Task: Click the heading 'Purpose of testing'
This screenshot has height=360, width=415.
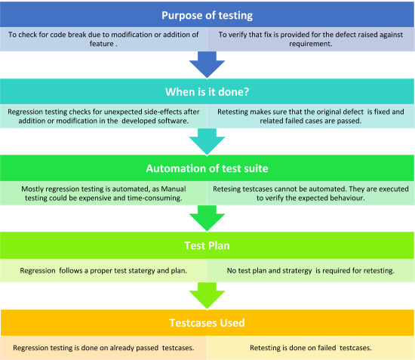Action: (207, 15)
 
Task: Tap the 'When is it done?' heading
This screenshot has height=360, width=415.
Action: (207, 92)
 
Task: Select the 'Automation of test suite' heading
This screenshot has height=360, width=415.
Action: (207, 168)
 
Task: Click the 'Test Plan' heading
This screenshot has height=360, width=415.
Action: (207, 245)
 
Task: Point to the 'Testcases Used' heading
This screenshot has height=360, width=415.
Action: (207, 323)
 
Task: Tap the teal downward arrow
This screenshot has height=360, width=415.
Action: (207, 141)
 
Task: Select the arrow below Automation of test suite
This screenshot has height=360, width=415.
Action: (207, 218)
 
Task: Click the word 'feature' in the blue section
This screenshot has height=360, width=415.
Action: (102, 44)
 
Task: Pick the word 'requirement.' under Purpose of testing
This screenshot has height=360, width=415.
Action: (311, 44)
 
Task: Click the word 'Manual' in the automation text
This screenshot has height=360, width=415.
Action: (174, 189)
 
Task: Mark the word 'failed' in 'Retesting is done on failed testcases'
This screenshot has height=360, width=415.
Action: (327, 348)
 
